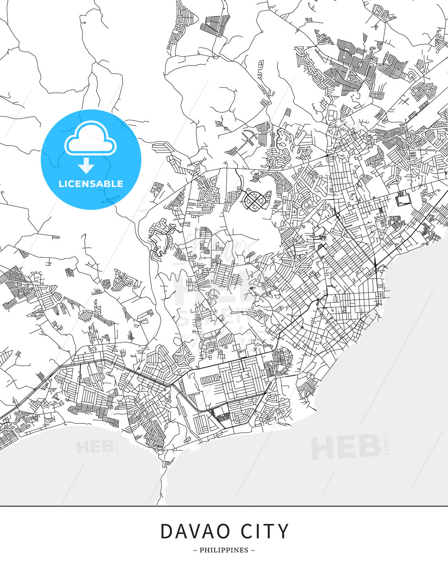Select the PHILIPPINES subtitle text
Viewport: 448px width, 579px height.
224,550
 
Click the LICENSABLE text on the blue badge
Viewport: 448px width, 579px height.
91,184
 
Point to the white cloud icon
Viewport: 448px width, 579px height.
91,138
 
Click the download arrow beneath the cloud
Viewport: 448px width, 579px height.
86,165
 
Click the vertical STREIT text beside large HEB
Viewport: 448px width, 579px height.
387,443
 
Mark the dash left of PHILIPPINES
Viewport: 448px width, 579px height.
195,550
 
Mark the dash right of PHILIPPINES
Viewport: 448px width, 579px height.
253,550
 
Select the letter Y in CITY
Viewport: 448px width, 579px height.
283,532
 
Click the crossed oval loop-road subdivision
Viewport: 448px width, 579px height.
254,199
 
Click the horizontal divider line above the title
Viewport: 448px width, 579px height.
224,506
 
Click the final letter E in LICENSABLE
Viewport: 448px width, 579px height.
120,184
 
